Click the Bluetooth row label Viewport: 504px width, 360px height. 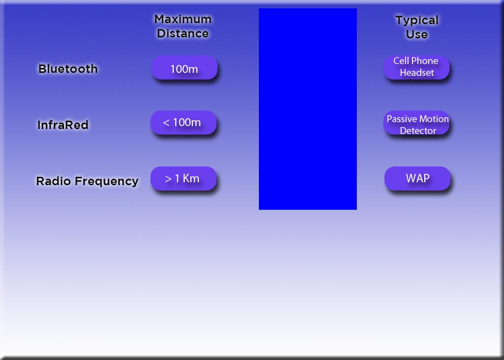click(x=68, y=69)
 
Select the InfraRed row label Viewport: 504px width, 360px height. click(x=63, y=125)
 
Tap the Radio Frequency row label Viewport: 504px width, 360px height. click(x=87, y=181)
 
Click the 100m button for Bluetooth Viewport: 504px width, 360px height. click(x=184, y=68)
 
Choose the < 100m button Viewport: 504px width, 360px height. click(x=184, y=123)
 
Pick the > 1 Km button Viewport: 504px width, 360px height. click(x=184, y=179)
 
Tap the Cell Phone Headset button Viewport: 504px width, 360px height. click(x=416, y=67)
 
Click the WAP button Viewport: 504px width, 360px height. click(x=417, y=179)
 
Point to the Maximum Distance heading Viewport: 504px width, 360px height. click(x=183, y=27)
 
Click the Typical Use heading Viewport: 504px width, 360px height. click(x=417, y=28)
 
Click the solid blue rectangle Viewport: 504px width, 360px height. click(x=308, y=109)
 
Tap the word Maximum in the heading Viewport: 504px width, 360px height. click(x=183, y=19)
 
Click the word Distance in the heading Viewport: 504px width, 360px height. click(x=183, y=33)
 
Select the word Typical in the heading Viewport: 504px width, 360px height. click(x=417, y=21)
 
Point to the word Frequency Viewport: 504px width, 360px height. click(x=107, y=181)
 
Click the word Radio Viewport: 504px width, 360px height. click(x=53, y=181)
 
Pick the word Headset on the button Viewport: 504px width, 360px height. click(x=417, y=73)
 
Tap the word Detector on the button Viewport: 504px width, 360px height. click(x=418, y=131)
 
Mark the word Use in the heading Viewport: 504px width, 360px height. click(x=417, y=34)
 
